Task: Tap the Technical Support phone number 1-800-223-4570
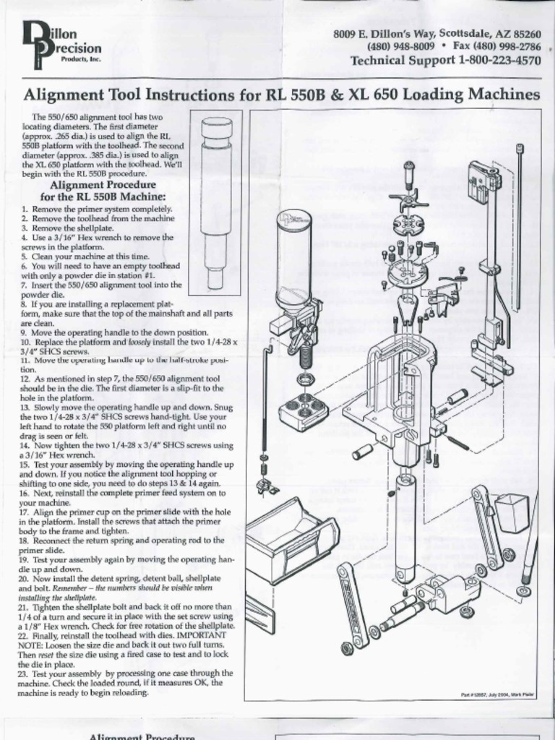[x=499, y=61]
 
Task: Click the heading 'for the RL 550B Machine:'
[x=103, y=197]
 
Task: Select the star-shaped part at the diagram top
[x=408, y=198]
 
